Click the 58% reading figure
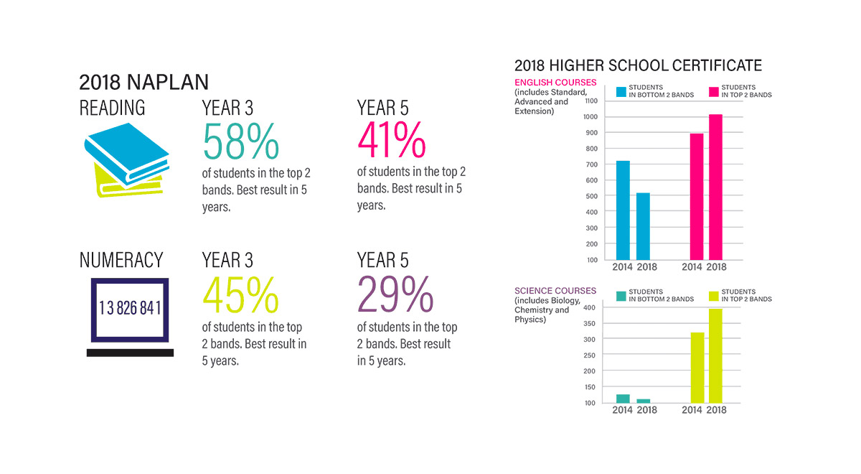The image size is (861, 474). pyautogui.click(x=241, y=141)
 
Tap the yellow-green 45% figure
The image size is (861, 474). pyautogui.click(x=240, y=294)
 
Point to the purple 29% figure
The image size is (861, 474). pyautogui.click(x=395, y=294)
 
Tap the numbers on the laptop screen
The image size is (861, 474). pyautogui.click(x=130, y=308)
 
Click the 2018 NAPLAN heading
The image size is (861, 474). pyautogui.click(x=143, y=81)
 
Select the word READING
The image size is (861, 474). pyautogui.click(x=112, y=108)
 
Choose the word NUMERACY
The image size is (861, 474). pyautogui.click(x=121, y=260)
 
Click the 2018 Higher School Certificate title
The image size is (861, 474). pyautogui.click(x=638, y=66)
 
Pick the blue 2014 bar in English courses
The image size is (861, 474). pyautogui.click(x=623, y=210)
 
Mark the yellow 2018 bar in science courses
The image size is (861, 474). pyautogui.click(x=715, y=355)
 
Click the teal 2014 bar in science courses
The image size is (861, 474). pyautogui.click(x=623, y=399)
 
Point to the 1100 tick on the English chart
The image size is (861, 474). pyautogui.click(x=590, y=101)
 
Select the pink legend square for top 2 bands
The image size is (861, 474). pyautogui.click(x=715, y=91)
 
